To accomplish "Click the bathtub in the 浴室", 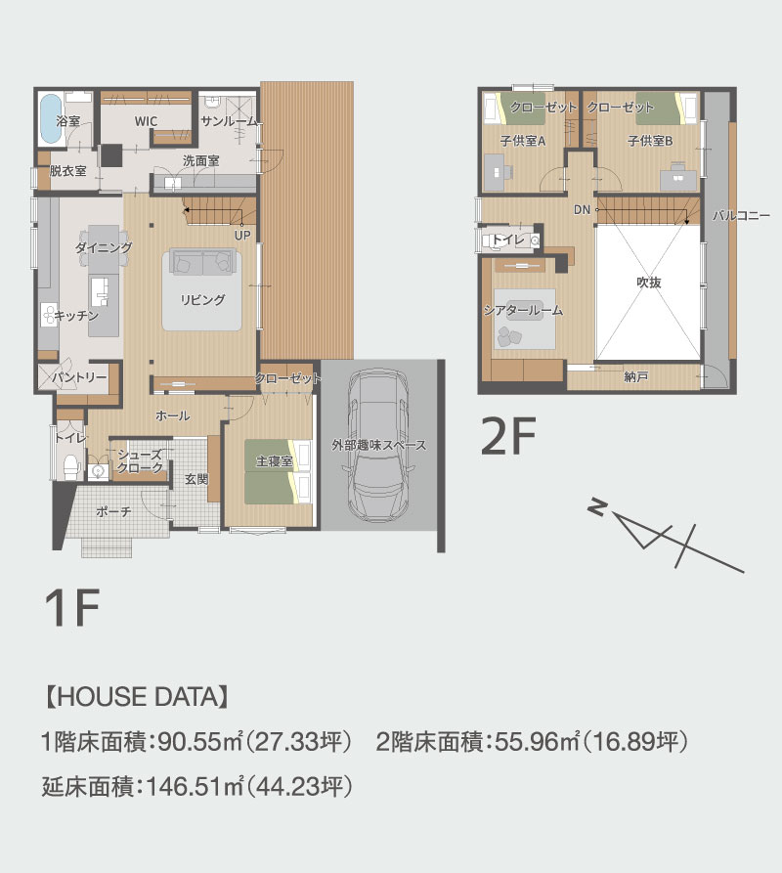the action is click(49, 118).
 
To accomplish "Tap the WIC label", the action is click(146, 121).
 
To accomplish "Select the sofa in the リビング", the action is click(202, 262).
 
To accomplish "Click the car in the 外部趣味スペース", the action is click(378, 446).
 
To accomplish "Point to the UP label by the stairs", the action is click(242, 236).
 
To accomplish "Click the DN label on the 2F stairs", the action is click(582, 210).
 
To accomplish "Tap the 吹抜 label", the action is click(648, 283).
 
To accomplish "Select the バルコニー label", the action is click(741, 215).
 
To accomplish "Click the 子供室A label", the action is click(523, 141).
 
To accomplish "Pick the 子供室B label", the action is click(650, 141).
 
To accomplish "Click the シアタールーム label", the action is click(523, 311).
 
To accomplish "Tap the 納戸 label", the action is click(635, 377).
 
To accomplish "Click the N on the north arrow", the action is click(596, 507).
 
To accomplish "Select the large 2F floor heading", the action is click(507, 436).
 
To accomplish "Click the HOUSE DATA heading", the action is click(137, 697).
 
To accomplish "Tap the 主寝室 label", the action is click(275, 461).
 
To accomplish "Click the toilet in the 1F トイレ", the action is click(70, 467).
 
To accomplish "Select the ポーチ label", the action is click(113, 511).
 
